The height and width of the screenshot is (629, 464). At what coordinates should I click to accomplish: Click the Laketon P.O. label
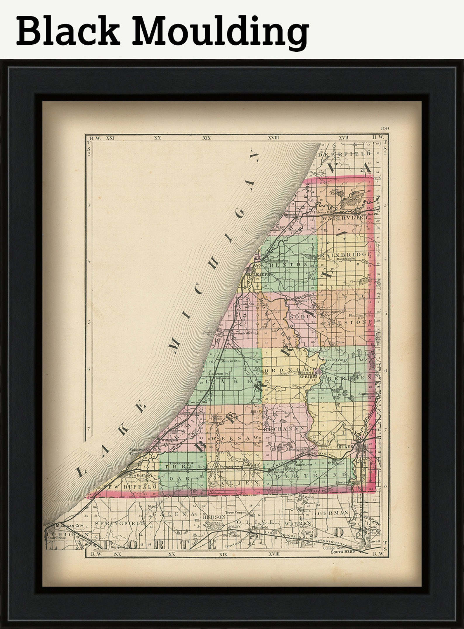pyautogui.click(x=219, y=374)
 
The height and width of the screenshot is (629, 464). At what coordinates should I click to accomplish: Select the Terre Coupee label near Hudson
pyautogui.click(x=236, y=512)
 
